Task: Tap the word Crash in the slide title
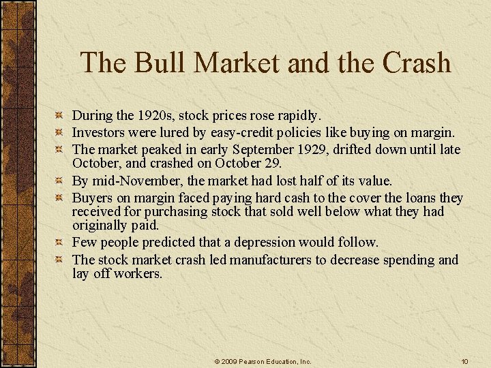click(417, 63)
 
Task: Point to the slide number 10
click(464, 361)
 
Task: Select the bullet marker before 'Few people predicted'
click(59, 242)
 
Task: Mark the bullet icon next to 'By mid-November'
click(59, 181)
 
